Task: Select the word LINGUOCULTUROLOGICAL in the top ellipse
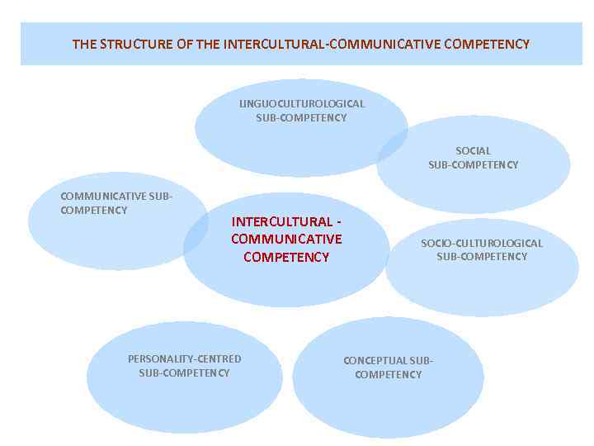point(301,104)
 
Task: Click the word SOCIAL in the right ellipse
point(473,151)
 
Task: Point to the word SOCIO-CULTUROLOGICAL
point(482,243)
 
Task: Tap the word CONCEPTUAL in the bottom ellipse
point(375,361)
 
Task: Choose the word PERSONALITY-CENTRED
point(184,359)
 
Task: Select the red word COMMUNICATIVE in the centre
point(286,240)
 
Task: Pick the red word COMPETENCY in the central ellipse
point(286,257)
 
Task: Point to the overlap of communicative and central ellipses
point(197,234)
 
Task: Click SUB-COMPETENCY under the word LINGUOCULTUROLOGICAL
point(301,118)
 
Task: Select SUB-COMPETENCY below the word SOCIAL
point(473,165)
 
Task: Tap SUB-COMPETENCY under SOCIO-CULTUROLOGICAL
point(482,257)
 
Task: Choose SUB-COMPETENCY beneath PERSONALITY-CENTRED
point(184,373)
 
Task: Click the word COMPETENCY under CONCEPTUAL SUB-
point(388,375)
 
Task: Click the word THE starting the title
point(84,44)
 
